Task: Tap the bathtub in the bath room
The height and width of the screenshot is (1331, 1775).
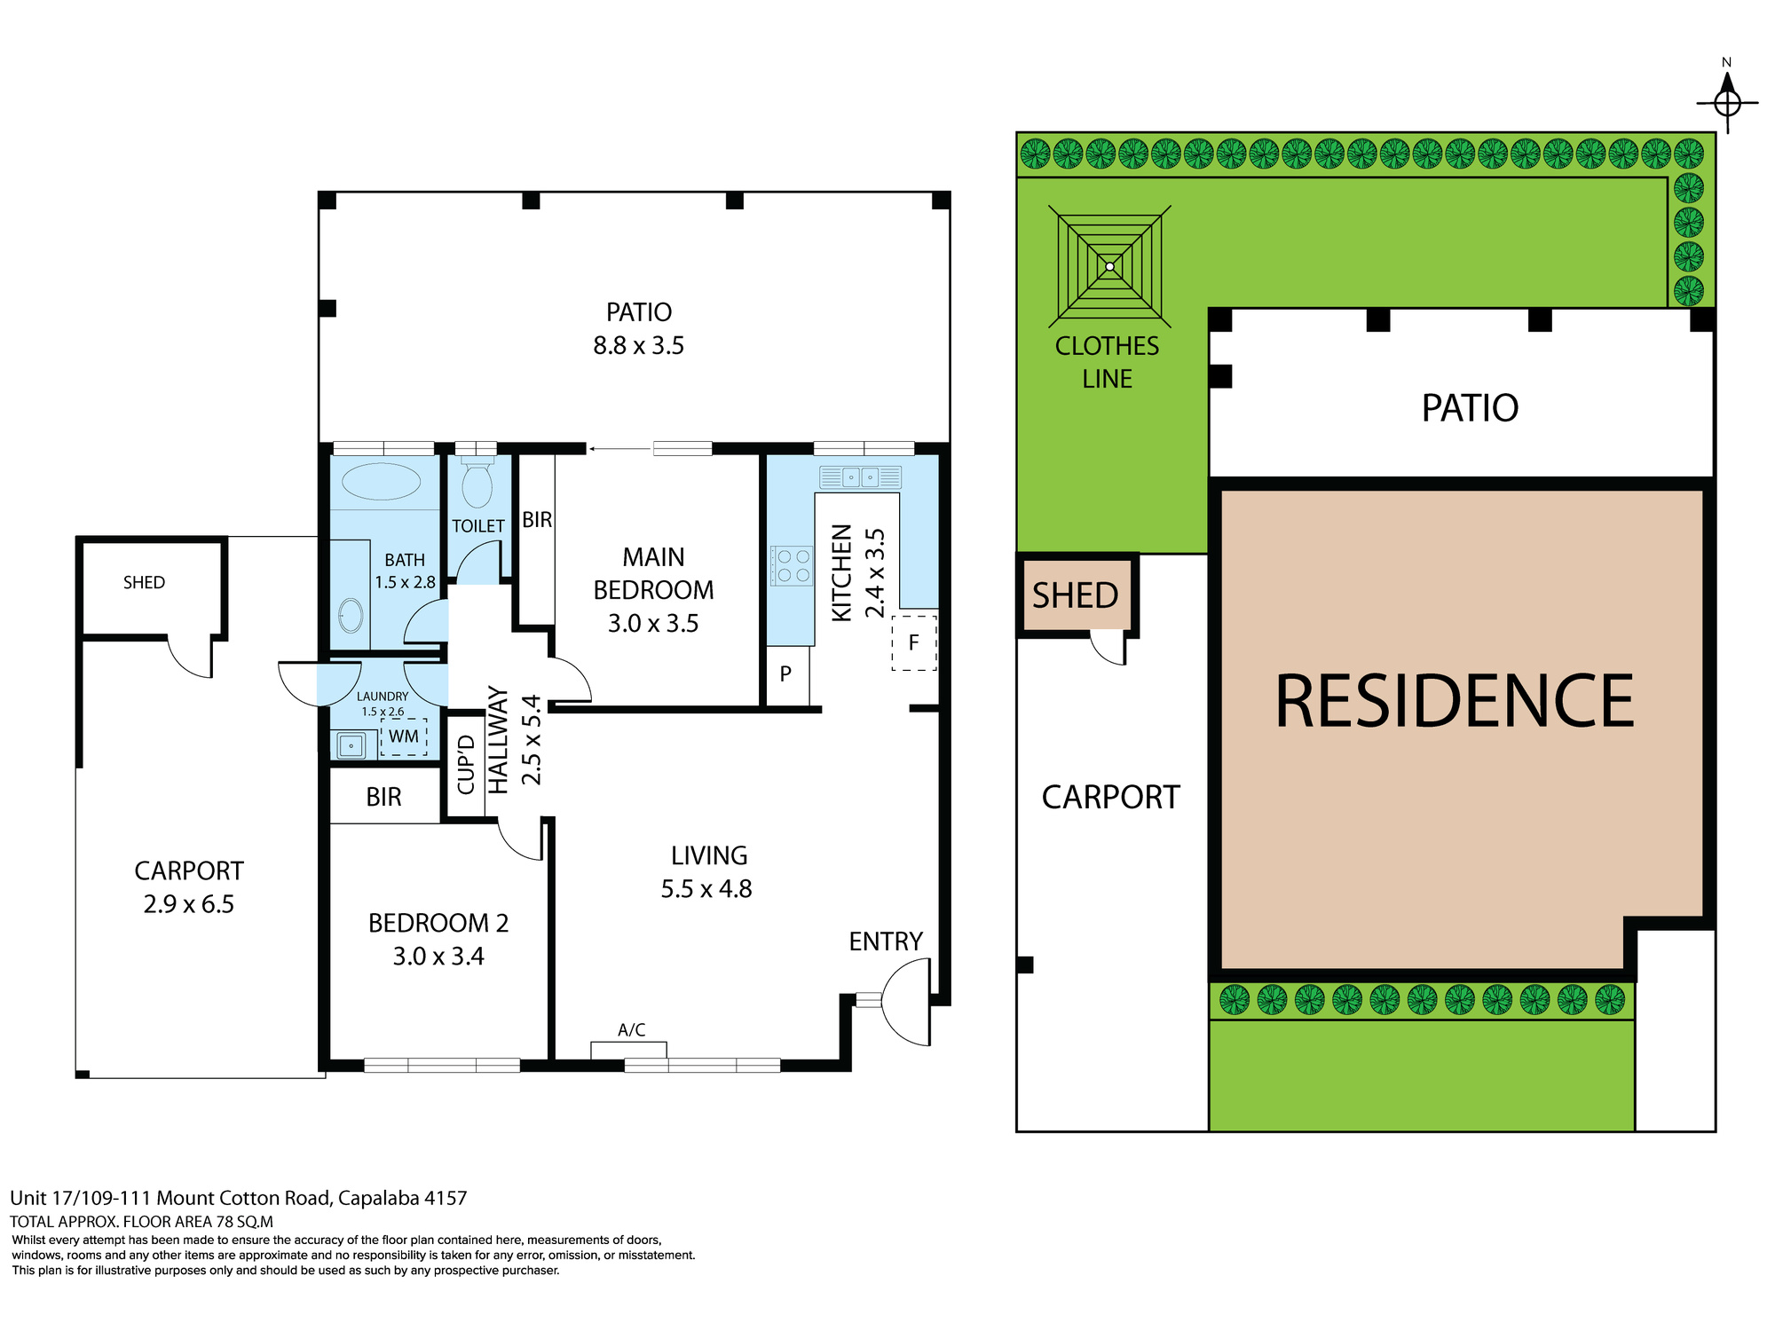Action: pos(382,482)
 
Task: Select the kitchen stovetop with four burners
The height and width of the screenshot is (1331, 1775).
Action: pos(791,565)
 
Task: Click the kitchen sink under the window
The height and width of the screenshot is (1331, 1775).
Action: pos(860,477)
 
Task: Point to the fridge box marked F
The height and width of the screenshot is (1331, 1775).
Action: pos(914,642)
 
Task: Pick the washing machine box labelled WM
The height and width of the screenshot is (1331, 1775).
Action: pos(404,736)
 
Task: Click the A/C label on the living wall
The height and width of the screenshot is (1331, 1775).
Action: pos(632,1030)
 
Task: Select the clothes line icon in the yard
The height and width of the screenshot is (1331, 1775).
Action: pos(1109,266)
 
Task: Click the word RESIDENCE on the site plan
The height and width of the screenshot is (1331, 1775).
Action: pos(1455,701)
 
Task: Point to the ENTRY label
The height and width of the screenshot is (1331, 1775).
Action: pos(886,941)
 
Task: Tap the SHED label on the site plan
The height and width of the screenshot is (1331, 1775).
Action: pos(1076,595)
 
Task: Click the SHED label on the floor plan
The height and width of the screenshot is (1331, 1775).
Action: pos(144,582)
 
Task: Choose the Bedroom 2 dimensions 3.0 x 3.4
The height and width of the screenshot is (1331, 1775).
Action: pos(438,957)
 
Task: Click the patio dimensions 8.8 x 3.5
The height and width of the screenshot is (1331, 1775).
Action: pos(639,345)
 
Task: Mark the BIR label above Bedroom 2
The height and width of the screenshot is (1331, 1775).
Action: pos(383,797)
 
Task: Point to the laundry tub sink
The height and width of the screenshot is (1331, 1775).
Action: pos(351,744)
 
